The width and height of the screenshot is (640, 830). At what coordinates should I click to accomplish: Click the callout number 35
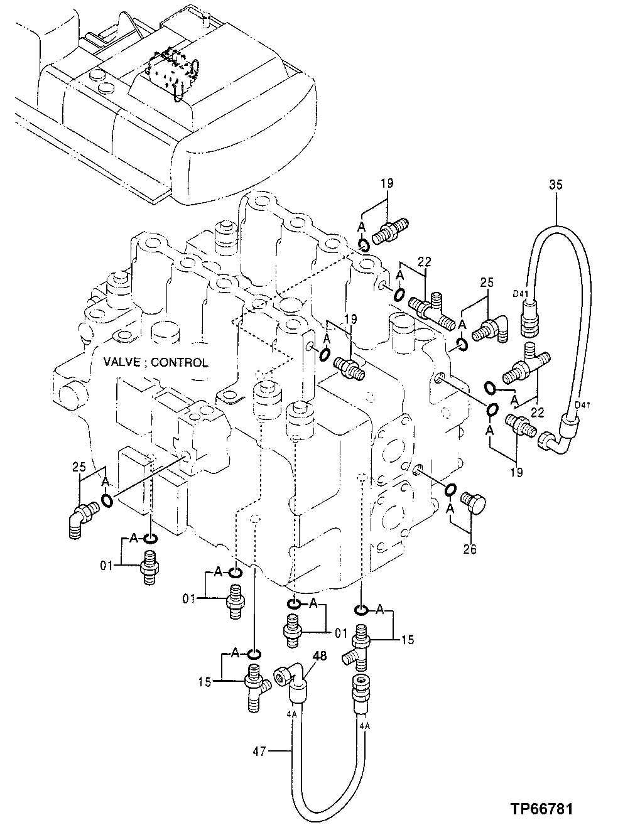tap(556, 185)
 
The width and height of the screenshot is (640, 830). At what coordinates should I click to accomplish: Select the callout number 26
tap(470, 550)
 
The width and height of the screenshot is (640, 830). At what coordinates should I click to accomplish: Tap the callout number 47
tap(261, 750)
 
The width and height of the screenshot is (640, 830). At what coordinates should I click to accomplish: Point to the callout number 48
tap(319, 657)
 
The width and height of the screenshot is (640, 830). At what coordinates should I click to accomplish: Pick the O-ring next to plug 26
tap(451, 489)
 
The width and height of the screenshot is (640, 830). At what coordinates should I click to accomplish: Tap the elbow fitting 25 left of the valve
tap(80, 515)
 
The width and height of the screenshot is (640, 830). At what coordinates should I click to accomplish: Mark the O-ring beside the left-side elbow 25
tap(107, 500)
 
